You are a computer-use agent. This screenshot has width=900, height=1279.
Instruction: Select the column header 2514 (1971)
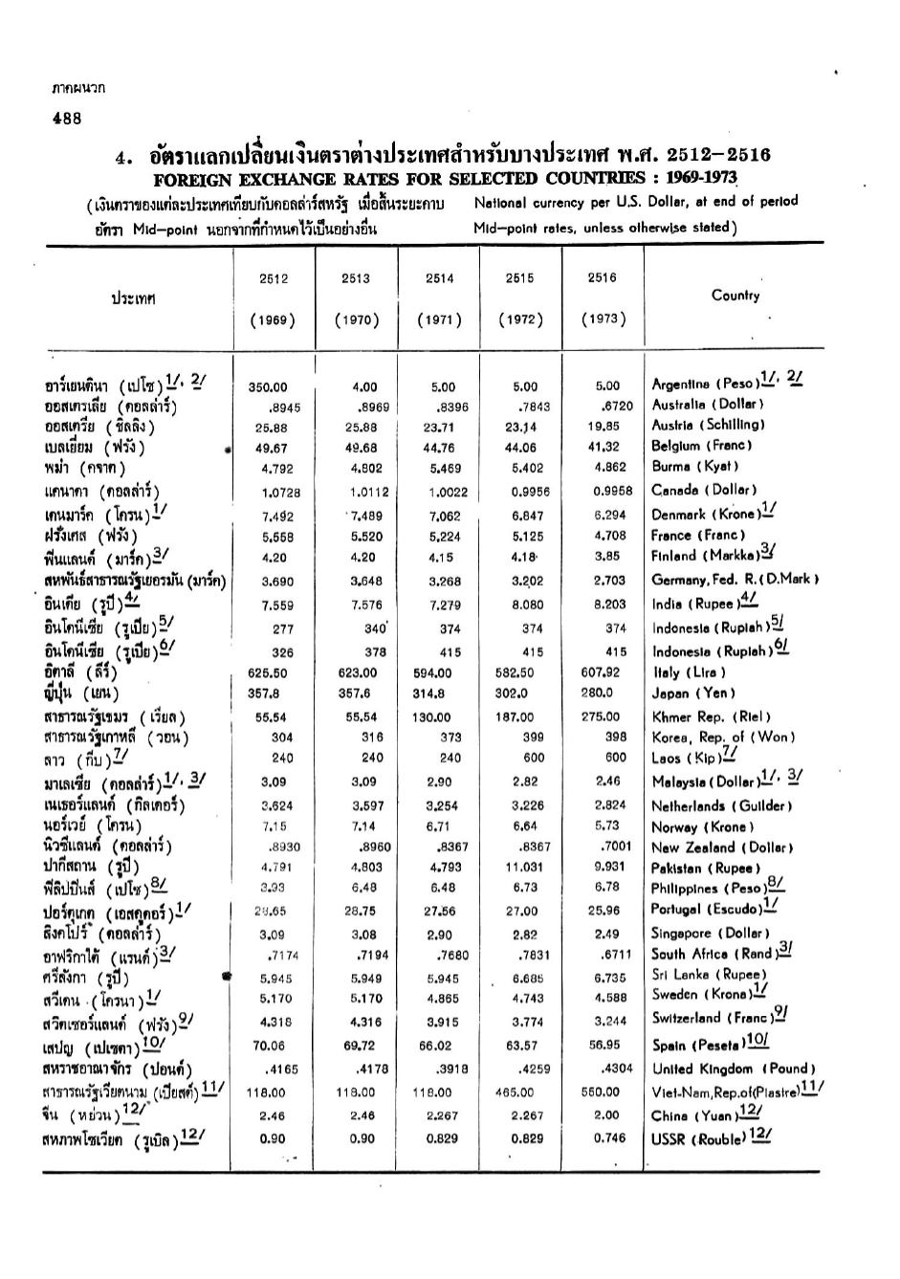(439, 298)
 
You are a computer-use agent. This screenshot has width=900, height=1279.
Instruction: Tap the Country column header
(735, 296)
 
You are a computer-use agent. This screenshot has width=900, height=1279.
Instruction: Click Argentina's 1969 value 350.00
(268, 387)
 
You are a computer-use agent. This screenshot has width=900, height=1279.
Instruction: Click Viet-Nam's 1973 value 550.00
(601, 1092)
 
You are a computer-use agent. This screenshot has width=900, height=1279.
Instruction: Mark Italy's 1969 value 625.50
(268, 673)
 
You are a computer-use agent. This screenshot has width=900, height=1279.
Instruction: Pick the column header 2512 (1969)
(274, 298)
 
